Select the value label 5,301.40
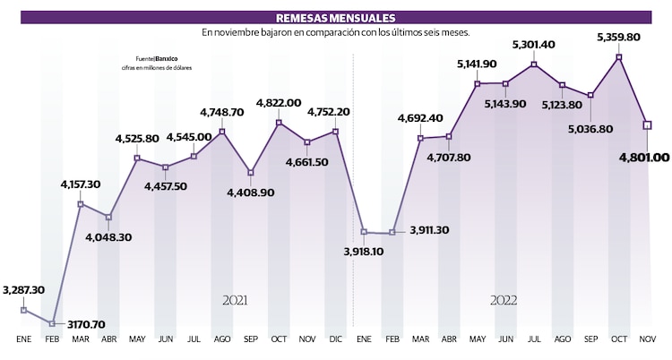point(533,44)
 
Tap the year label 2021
point(235,301)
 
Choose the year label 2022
point(503,301)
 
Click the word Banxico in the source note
point(167,59)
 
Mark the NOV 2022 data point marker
point(648,124)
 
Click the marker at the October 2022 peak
point(619,57)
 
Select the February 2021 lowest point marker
point(52,323)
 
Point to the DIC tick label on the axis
point(335,340)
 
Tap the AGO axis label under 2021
point(222,340)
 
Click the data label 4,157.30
point(81,184)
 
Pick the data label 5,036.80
point(590,128)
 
